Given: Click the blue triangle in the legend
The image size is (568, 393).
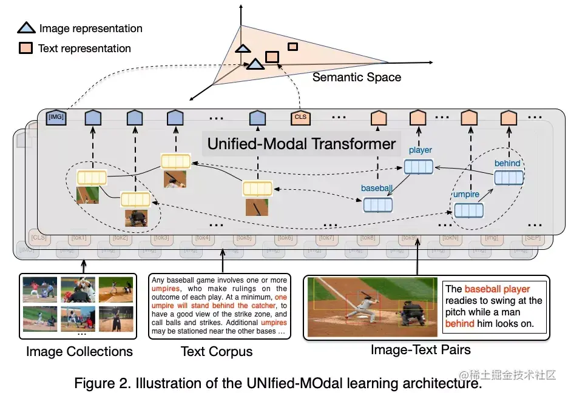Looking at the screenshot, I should click(27, 28).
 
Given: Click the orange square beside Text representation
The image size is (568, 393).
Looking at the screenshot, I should click(26, 49).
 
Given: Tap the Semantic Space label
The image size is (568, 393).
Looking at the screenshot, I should click(356, 77).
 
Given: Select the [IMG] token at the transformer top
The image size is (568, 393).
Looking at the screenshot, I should click(55, 117).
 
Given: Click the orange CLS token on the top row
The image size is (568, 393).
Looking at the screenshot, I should click(300, 117).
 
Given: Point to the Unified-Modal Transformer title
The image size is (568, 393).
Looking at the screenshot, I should click(301, 144).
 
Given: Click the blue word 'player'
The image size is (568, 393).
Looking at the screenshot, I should click(420, 150).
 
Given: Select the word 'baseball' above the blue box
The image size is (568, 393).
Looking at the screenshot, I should click(377, 189).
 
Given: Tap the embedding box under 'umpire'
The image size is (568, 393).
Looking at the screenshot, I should click(469, 210).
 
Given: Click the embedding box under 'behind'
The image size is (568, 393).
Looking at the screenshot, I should click(508, 178).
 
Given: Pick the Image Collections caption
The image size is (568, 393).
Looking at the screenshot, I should click(79, 351).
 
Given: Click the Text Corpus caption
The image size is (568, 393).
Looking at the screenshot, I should click(217, 351).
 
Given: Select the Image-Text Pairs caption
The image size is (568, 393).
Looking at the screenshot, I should click(420, 349).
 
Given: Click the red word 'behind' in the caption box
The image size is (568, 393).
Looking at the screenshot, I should click(459, 323).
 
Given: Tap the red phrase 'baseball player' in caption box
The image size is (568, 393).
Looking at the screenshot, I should click(497, 289).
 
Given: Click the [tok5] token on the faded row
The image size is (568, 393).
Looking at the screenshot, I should click(245, 237).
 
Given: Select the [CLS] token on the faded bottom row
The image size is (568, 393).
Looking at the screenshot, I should click(39, 237).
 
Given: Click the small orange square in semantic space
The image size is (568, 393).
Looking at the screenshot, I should click(292, 47).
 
